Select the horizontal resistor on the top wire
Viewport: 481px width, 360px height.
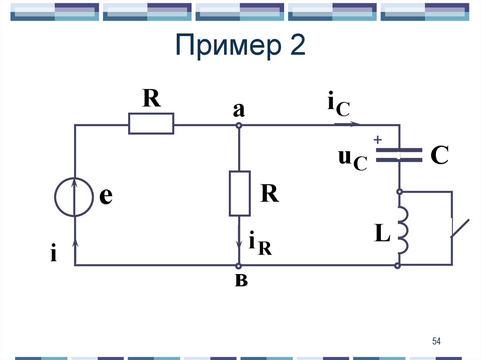151,124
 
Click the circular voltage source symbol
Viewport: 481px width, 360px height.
74,197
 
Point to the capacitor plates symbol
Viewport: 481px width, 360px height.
399,155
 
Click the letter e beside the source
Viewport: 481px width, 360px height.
106,196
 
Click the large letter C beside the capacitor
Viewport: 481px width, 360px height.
440,155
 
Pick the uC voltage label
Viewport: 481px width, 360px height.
352,160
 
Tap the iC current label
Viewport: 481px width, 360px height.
338,106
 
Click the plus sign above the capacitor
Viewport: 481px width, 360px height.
377,140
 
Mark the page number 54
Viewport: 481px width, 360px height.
436,341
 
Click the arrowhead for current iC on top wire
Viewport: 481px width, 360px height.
356,125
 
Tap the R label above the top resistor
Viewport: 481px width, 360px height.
152,100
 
